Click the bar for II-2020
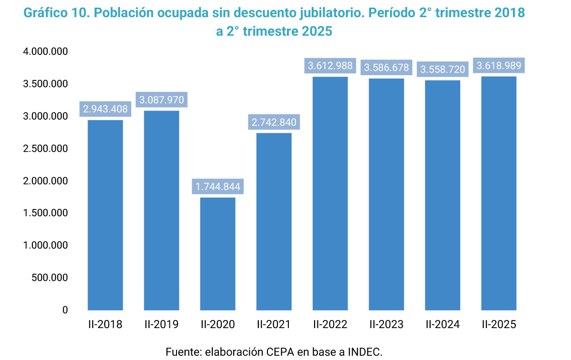click(x=217, y=253)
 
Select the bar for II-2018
click(x=105, y=215)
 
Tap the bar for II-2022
click(x=330, y=193)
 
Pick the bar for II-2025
click(x=499, y=193)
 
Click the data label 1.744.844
click(x=218, y=186)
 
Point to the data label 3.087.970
click(x=161, y=100)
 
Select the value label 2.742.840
click(x=274, y=122)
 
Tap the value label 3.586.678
click(x=386, y=68)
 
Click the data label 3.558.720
click(x=443, y=70)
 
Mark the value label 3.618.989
click(x=499, y=66)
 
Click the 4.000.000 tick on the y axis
click(x=45, y=51)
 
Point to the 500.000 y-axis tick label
click(x=49, y=278)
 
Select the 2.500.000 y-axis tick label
click(x=45, y=149)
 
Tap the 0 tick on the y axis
click(x=65, y=310)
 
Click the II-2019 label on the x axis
click(x=161, y=325)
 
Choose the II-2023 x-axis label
click(x=386, y=325)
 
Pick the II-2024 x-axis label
click(x=443, y=325)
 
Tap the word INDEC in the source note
click(x=365, y=352)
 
